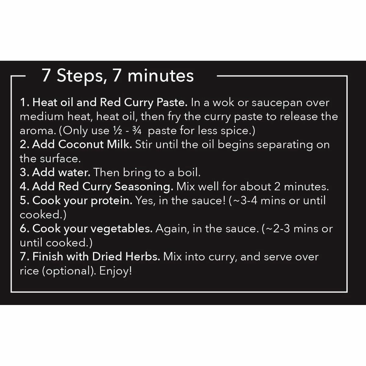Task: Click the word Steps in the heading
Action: pos(80,76)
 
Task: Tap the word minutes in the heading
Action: pos(161,76)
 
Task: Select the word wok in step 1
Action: pos(224,102)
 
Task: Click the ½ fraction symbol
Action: pos(117,131)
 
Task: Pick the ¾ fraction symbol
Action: pos(137,131)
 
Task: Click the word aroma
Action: pos(37,131)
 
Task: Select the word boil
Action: pos(189,173)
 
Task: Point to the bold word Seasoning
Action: pos(144,187)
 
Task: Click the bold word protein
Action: pos(111,201)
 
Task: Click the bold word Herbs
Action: pos(142,257)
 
